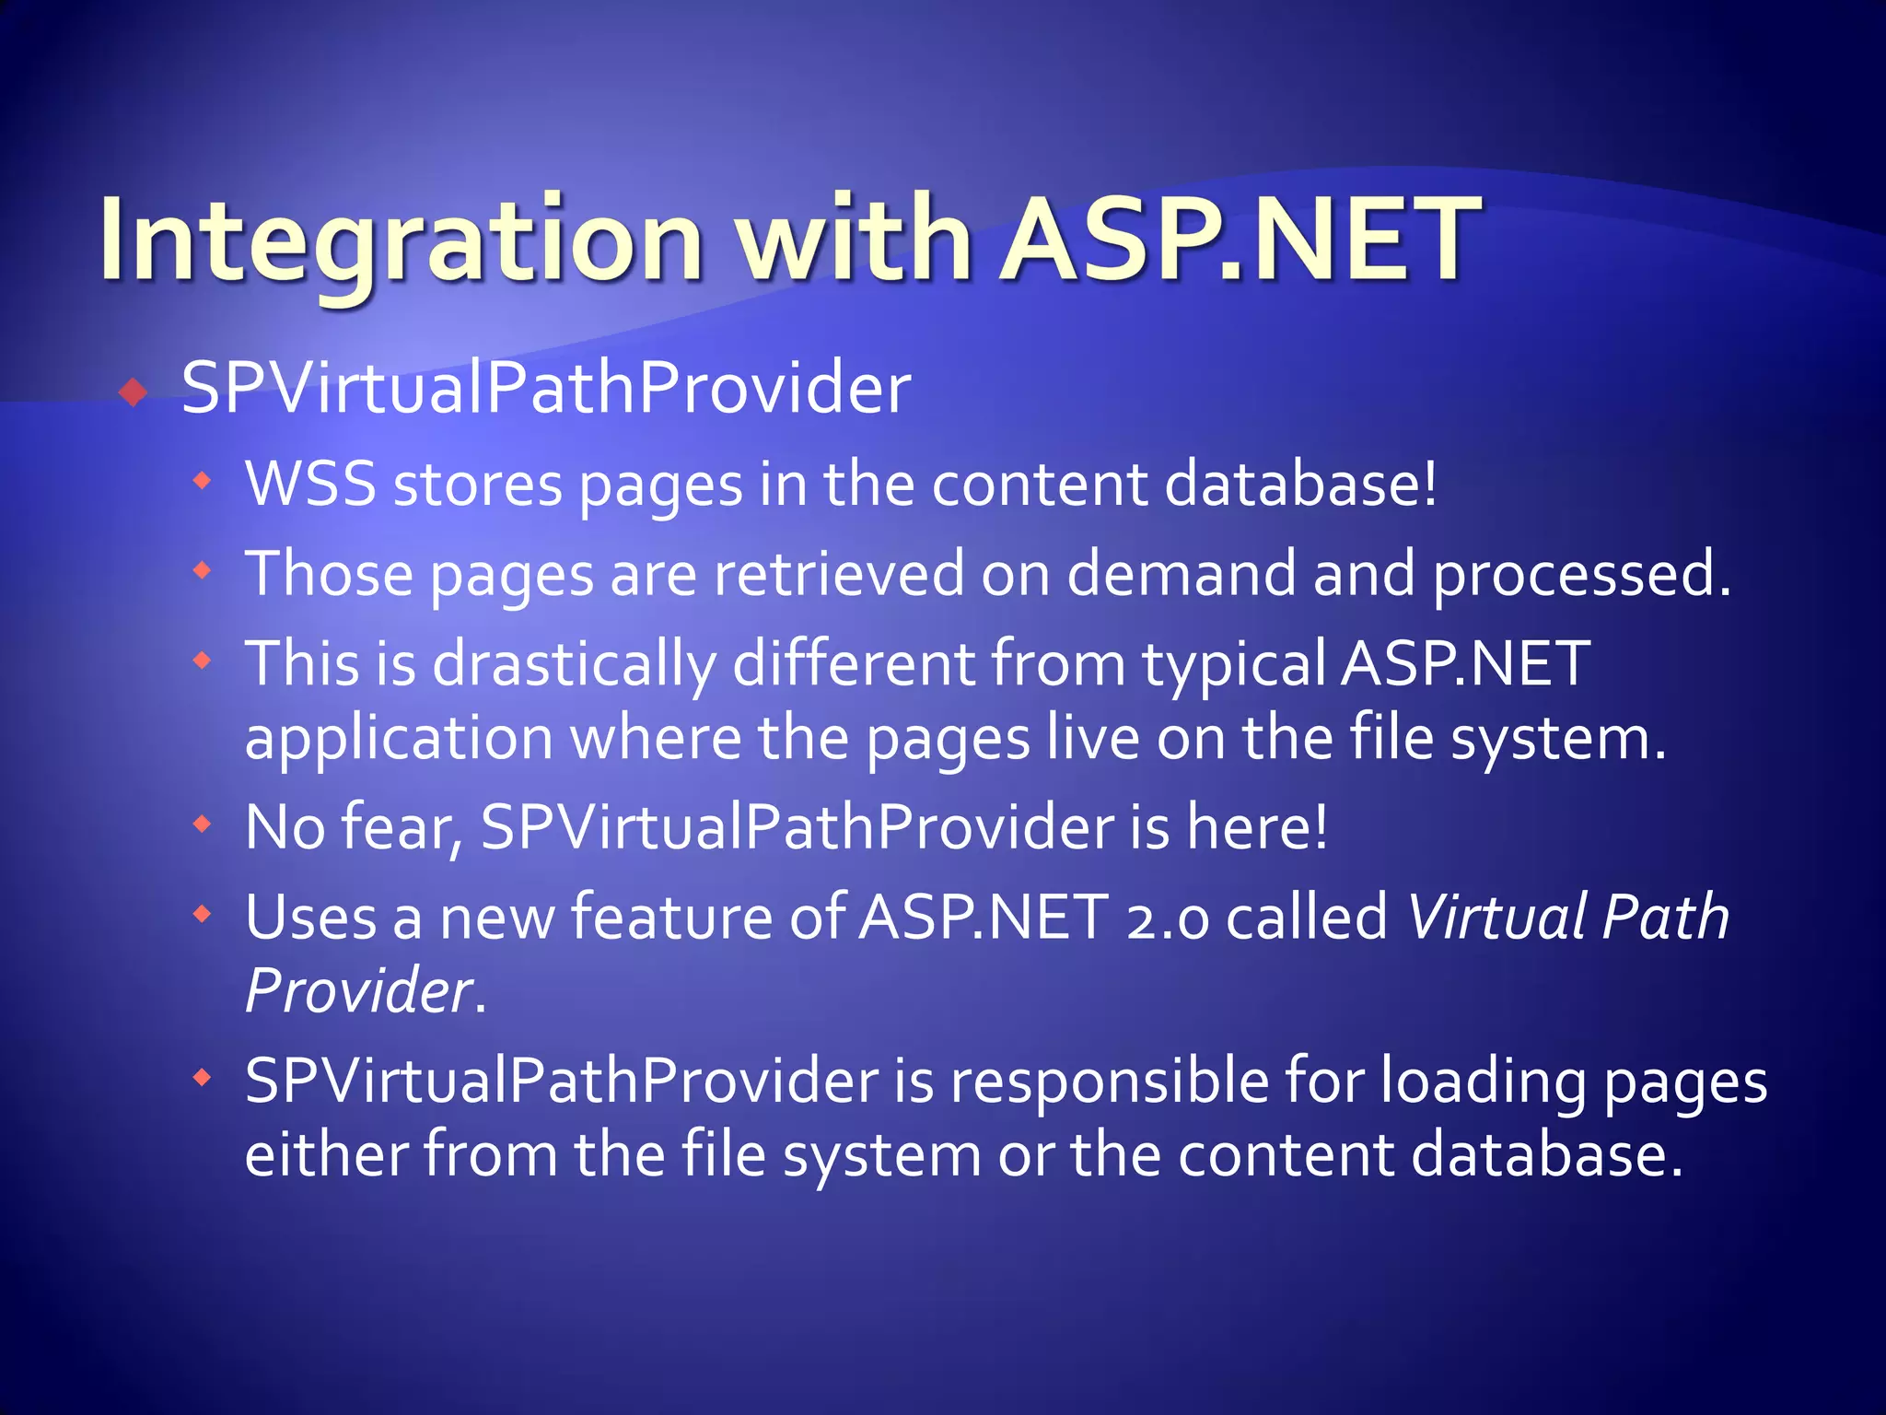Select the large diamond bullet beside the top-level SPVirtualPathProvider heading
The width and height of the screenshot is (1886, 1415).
pos(134,393)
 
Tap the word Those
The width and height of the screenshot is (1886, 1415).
pos(329,573)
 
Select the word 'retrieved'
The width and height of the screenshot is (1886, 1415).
pos(838,573)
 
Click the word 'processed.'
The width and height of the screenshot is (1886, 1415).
pos(1582,573)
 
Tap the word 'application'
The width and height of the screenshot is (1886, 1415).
pos(399,738)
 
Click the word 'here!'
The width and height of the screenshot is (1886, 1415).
pos(1257,826)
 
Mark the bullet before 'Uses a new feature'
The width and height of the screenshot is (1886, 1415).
pos(203,914)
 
